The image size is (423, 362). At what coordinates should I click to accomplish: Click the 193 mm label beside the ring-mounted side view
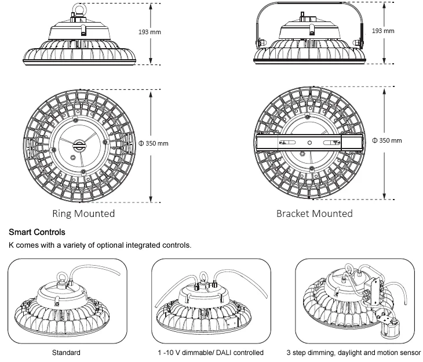tap(149, 32)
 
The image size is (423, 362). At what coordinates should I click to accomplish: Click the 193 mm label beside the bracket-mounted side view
tap(383, 31)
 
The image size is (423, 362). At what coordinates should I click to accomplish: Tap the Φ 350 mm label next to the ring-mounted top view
tap(153, 143)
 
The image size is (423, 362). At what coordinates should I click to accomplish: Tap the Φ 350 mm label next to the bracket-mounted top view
tap(386, 140)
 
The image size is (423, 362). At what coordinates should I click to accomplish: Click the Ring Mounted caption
tap(83, 213)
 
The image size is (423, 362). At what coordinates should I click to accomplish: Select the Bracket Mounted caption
tap(315, 213)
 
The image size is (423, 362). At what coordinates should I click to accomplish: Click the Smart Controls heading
tap(37, 232)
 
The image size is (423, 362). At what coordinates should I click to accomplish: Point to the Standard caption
tap(66, 353)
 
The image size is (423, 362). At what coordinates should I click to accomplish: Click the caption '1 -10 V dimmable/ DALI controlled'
tap(211, 353)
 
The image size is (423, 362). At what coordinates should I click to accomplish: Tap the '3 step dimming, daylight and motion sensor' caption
tap(353, 353)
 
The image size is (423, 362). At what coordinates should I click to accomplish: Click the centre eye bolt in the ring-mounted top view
tap(79, 146)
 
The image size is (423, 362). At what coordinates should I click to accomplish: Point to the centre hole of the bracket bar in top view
tap(309, 143)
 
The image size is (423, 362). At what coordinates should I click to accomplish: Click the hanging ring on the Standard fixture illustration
tap(63, 277)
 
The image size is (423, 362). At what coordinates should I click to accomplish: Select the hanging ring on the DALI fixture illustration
tap(203, 278)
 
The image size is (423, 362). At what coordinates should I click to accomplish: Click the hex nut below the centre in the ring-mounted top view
tap(72, 157)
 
